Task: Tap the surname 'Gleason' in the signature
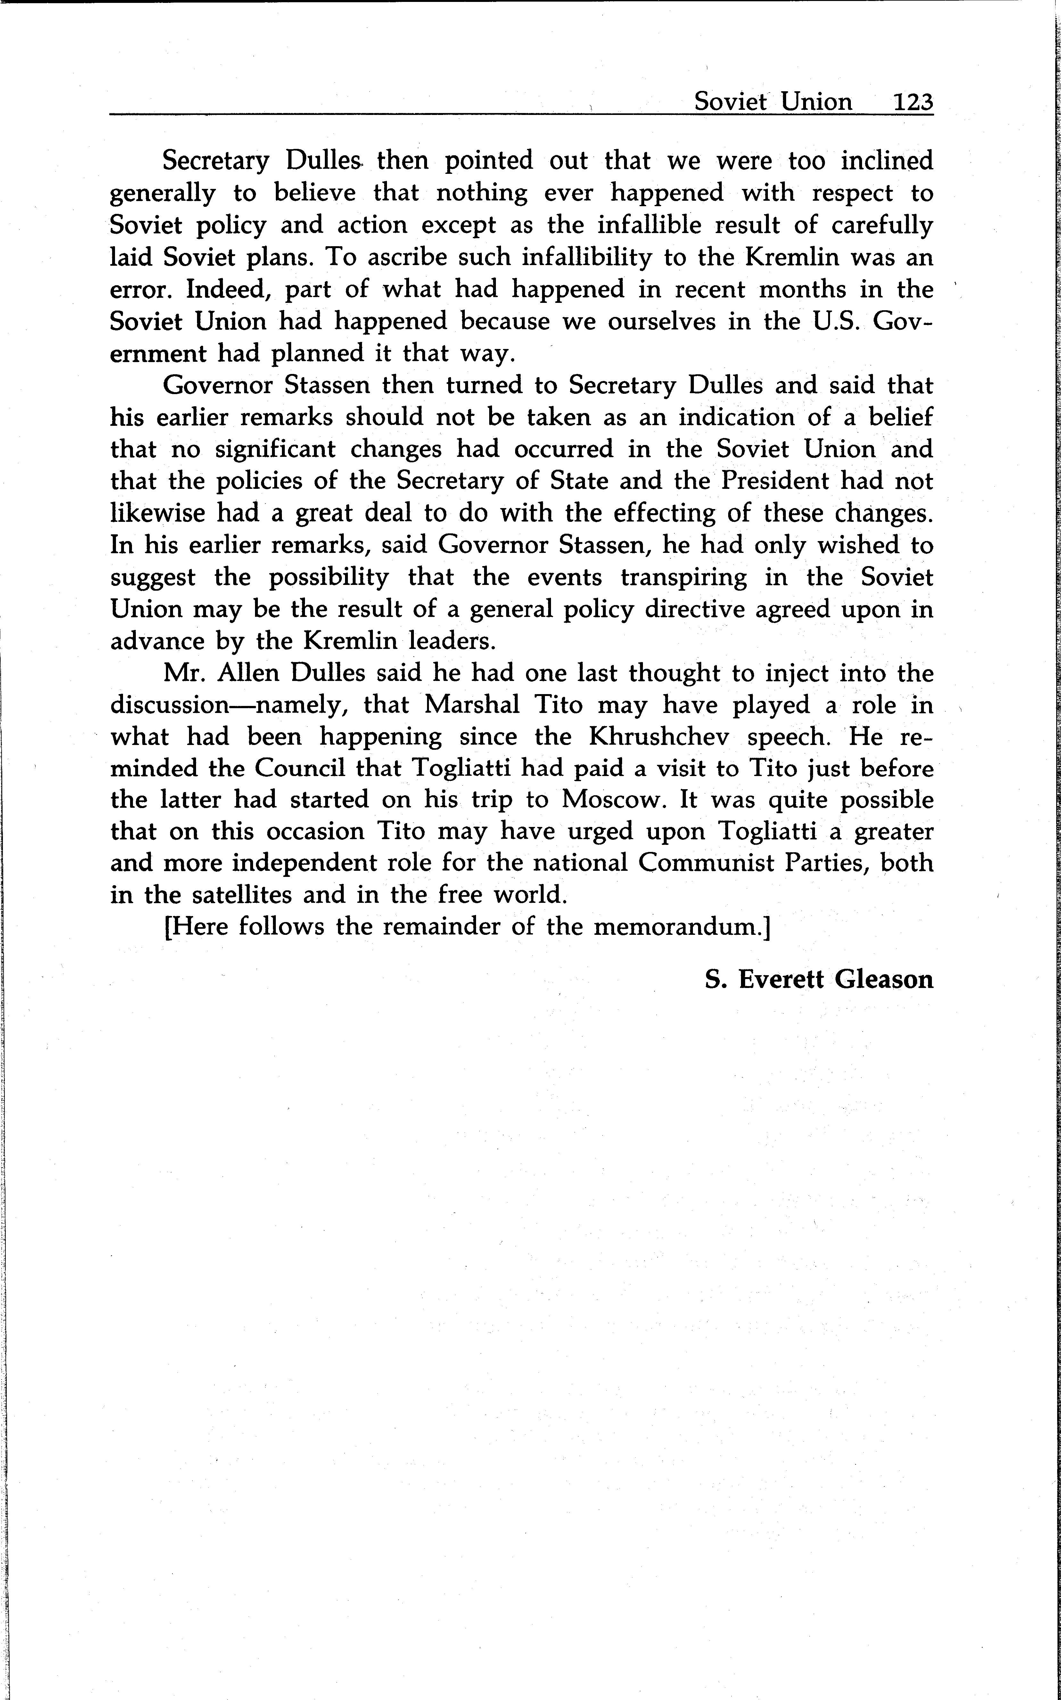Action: (884, 979)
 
